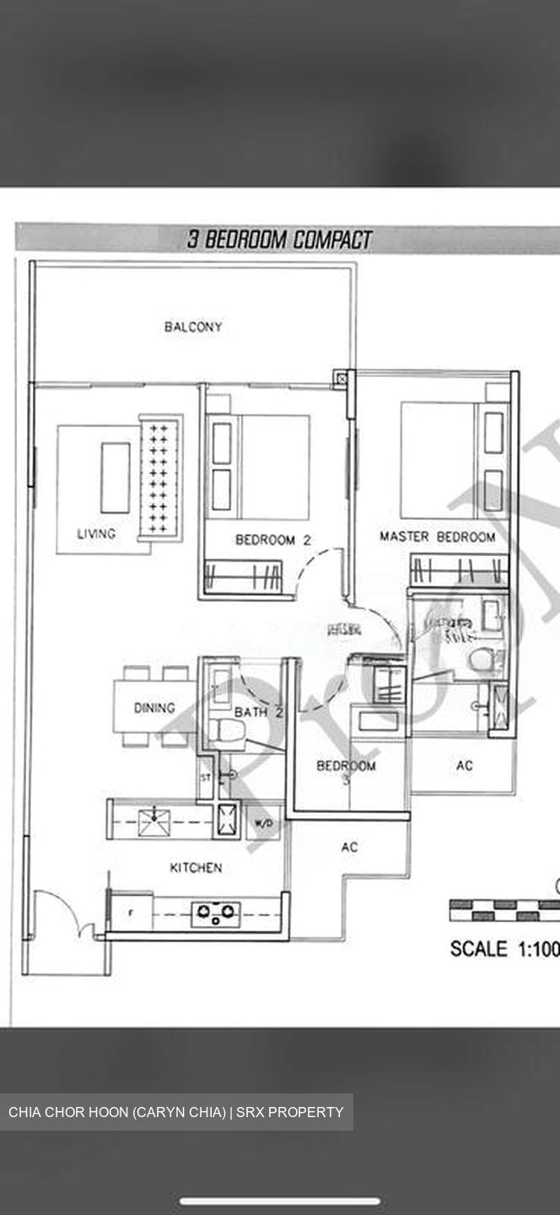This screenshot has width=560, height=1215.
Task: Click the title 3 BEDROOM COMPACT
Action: pos(279,240)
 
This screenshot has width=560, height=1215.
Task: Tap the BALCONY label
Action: pos(193,327)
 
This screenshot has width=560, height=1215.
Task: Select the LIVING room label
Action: pos(96,533)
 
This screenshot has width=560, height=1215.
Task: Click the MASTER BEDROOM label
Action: pos(437,537)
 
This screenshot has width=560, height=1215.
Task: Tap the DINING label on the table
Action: pos(154,708)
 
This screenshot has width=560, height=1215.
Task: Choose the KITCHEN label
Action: pos(196,867)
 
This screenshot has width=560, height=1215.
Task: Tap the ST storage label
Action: pos(205,777)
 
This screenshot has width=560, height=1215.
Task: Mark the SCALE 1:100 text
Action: pos(503,948)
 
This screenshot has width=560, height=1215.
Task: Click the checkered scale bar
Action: pos(504,910)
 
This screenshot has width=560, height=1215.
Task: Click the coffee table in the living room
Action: pos(116,478)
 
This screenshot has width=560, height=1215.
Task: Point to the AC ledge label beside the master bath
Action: pos(464,766)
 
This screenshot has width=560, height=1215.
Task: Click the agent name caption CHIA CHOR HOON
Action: pos(176,1112)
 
